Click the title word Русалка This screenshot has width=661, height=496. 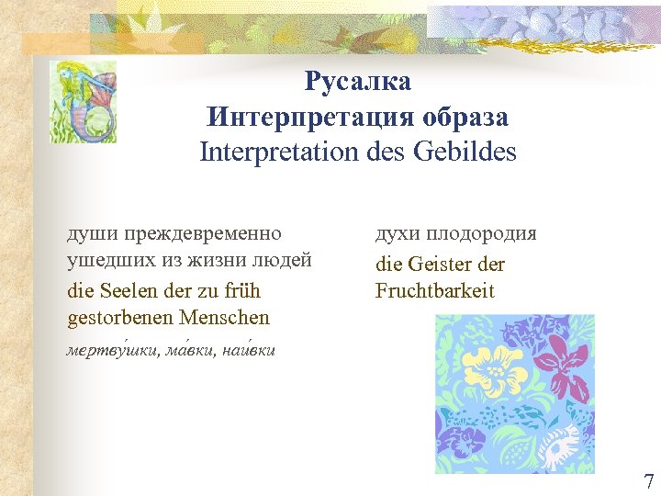pyautogui.click(x=358, y=83)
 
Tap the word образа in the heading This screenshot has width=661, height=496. pyautogui.click(x=465, y=118)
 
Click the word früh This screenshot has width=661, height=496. pyautogui.click(x=241, y=291)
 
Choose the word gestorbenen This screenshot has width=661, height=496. pyautogui.click(x=120, y=319)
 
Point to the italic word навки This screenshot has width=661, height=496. pyautogui.click(x=252, y=350)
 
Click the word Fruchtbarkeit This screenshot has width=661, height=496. pyautogui.click(x=434, y=291)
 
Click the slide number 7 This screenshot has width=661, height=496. pyautogui.click(x=648, y=481)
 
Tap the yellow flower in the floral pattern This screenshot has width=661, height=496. pyautogui.click(x=496, y=367)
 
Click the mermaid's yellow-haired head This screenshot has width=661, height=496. pyautogui.click(x=69, y=73)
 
